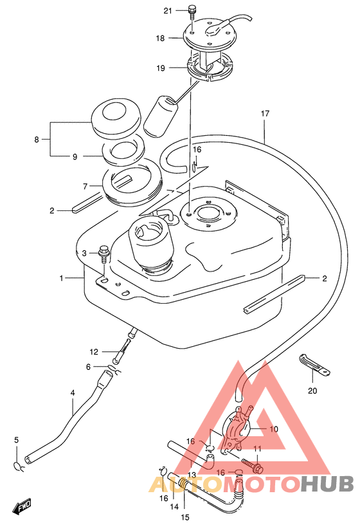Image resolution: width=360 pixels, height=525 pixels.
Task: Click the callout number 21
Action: [x=168, y=11]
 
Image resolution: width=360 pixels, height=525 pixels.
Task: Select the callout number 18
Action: [x=160, y=38]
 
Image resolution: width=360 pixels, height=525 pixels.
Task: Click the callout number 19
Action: [x=161, y=68]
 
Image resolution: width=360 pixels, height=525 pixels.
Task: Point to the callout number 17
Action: [x=265, y=113]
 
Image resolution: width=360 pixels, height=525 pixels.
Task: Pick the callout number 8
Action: [x=37, y=139]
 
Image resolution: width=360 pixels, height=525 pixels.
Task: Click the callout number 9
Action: [x=75, y=156]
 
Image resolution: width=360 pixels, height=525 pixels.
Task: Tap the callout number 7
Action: [x=85, y=186]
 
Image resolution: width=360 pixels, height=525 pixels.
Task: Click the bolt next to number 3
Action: [x=104, y=255]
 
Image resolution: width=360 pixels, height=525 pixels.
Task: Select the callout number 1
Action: [x=61, y=278]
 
